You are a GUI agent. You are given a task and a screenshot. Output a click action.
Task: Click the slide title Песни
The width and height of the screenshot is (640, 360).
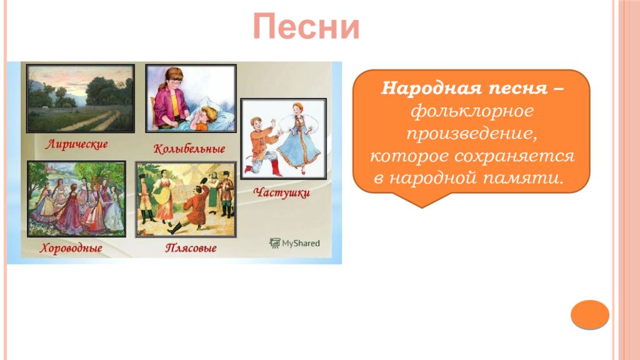click(x=306, y=27)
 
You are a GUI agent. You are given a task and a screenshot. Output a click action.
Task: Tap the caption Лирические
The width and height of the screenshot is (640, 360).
click(x=77, y=144)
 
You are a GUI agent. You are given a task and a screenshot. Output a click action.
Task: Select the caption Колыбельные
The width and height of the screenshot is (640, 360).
click(x=189, y=149)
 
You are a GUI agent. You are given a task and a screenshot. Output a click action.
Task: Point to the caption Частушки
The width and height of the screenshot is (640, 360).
click(x=282, y=192)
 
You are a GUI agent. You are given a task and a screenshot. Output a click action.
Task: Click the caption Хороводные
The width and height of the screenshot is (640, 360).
click(x=71, y=248)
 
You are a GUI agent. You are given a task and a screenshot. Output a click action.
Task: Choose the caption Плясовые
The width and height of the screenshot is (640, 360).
click(x=191, y=248)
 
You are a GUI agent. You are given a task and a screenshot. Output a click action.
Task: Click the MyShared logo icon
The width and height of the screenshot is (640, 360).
click(x=275, y=243)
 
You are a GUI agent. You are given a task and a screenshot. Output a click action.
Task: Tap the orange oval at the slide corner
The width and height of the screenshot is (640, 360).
click(x=590, y=315)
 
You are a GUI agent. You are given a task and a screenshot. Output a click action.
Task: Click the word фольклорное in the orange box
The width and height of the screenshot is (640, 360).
click(x=472, y=111)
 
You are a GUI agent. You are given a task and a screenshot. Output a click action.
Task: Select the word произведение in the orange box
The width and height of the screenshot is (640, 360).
click(x=471, y=134)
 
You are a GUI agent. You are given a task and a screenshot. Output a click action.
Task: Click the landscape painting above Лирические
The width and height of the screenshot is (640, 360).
click(x=81, y=98)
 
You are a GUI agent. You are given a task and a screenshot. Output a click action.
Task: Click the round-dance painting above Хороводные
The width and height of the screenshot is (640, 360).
click(x=76, y=199)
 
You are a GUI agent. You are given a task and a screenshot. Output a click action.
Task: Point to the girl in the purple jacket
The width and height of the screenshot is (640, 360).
click(x=168, y=99)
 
